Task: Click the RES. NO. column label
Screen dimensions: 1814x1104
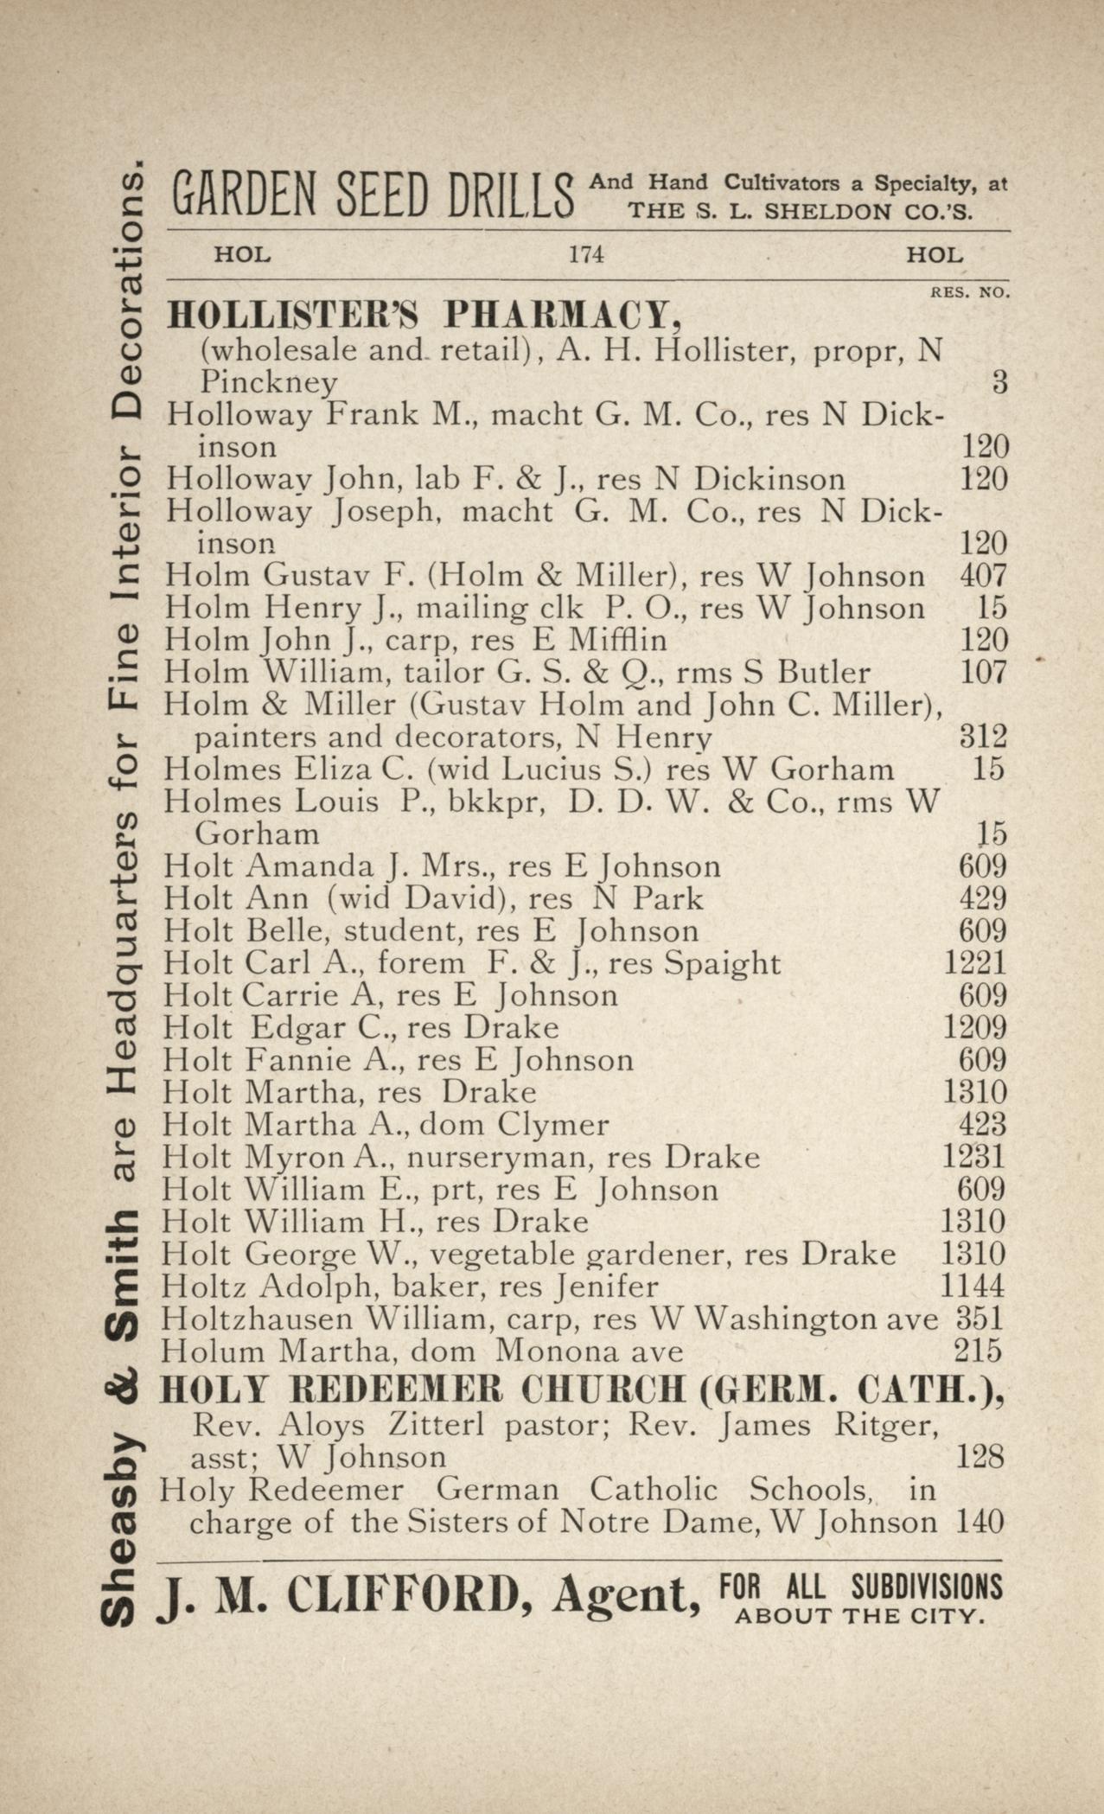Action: pos(969,293)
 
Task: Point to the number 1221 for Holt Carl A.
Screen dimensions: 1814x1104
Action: pos(974,963)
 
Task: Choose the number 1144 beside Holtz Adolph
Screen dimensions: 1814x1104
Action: pos(973,1287)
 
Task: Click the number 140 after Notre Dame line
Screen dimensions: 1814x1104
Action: pos(980,1521)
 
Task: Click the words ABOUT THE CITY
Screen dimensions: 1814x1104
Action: pos(859,1615)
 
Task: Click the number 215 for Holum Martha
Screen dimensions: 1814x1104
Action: pos(978,1351)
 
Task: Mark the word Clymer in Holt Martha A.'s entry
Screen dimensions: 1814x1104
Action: pos(553,1125)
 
